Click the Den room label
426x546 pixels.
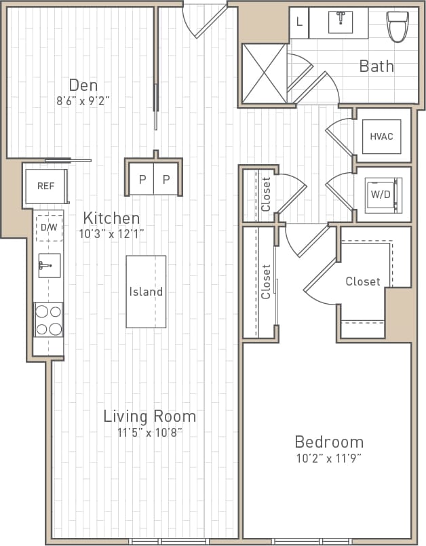click(x=83, y=85)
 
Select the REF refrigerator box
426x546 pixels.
click(x=45, y=186)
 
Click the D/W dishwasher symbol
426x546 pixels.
click(x=49, y=228)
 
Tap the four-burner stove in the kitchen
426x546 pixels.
click(x=48, y=319)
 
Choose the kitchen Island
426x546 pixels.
click(x=146, y=292)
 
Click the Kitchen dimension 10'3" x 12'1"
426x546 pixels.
click(x=111, y=233)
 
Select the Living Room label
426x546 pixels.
click(x=149, y=416)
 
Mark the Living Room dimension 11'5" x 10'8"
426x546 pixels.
click(x=149, y=431)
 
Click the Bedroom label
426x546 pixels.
click(x=328, y=442)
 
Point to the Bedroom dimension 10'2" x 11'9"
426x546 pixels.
click(x=328, y=458)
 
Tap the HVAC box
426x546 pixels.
click(x=381, y=136)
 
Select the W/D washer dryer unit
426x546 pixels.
click(x=380, y=194)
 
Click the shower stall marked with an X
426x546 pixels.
click(x=265, y=73)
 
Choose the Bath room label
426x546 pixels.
click(x=376, y=66)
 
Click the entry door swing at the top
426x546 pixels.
click(x=205, y=18)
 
